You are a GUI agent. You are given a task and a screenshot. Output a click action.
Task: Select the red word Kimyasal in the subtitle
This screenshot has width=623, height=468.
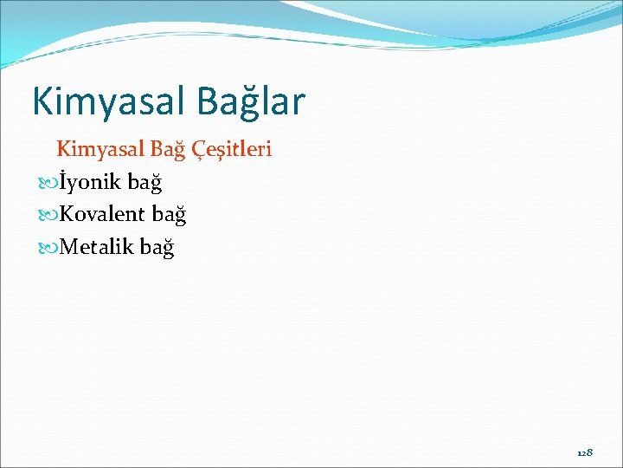[x=96, y=149]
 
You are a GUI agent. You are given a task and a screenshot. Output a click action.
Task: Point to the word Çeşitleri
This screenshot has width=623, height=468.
[x=228, y=149]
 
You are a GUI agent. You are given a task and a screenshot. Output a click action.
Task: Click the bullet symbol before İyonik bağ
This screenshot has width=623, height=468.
[x=48, y=183]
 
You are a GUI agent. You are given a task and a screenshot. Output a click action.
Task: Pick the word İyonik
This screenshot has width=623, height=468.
[x=90, y=182]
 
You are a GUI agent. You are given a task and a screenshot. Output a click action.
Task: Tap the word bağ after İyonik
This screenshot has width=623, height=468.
[x=145, y=182]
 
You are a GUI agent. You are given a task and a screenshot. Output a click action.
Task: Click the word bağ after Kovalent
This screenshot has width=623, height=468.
[x=169, y=214]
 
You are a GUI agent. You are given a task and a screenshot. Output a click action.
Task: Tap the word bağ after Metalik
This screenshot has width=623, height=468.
[x=157, y=247]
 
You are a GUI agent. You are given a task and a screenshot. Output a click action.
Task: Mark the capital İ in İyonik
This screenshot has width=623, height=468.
[x=63, y=182]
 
